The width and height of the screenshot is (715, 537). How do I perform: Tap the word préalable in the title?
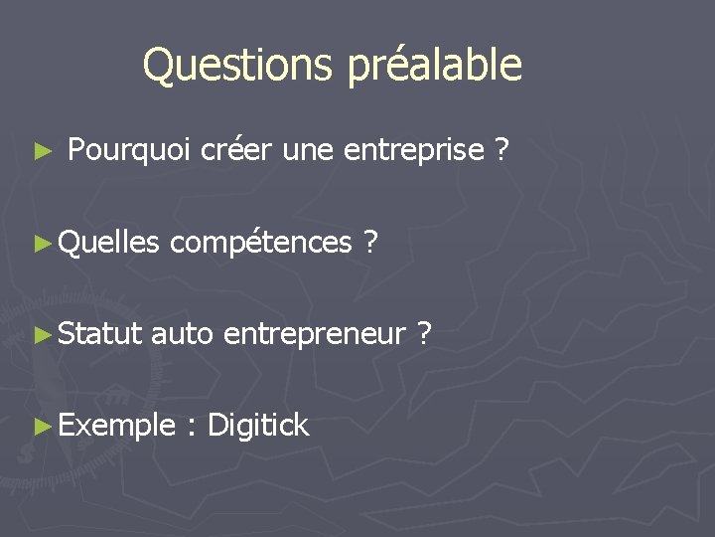click(x=434, y=66)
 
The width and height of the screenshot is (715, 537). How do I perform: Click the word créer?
click(x=237, y=151)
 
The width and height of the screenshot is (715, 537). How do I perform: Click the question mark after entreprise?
click(x=502, y=151)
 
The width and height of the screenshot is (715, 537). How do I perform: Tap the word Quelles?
click(x=109, y=243)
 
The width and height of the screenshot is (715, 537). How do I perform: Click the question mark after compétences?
click(x=369, y=243)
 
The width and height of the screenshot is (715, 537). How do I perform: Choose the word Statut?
click(x=100, y=335)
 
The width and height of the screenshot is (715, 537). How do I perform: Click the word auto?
click(x=182, y=335)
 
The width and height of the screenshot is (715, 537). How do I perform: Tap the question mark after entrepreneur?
click(x=425, y=335)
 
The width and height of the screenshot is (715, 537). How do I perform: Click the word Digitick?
click(x=257, y=427)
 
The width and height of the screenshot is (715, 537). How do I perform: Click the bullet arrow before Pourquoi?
click(x=41, y=152)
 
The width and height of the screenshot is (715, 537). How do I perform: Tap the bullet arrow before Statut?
click(x=41, y=335)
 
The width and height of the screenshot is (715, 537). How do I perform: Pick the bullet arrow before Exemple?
click(x=41, y=427)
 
